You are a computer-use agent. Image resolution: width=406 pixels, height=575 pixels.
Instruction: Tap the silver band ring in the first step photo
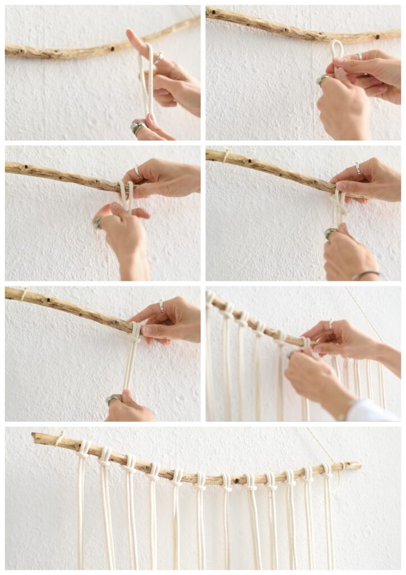tap(159, 57)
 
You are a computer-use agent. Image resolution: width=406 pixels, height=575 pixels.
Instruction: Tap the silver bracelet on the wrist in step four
tap(365, 274)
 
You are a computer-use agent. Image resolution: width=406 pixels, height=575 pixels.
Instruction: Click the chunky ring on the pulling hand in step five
tap(113, 399)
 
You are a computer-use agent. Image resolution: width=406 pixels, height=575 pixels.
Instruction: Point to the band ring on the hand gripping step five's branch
tap(161, 306)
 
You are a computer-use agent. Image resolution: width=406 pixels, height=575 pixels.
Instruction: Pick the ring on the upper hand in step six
tap(330, 324)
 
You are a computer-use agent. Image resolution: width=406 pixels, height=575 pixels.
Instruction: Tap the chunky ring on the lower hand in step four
tap(329, 232)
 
